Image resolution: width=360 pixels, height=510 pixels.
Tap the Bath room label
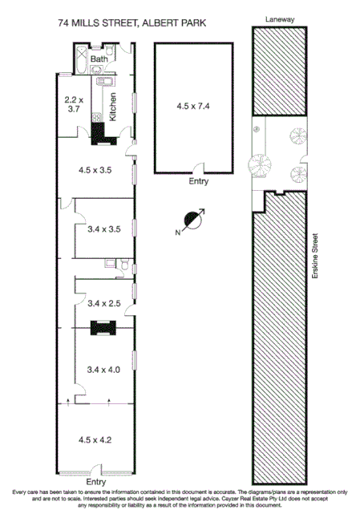[99, 59]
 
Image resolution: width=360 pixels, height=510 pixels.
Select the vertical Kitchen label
[113, 107]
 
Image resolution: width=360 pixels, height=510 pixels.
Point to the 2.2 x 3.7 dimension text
[73, 104]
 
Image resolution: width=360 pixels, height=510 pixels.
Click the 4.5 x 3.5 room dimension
[95, 171]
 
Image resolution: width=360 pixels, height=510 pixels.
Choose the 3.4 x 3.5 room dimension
[103, 229]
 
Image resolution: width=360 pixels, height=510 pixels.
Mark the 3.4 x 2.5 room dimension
[103, 303]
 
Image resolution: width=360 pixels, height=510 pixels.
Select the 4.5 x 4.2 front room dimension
[95, 439]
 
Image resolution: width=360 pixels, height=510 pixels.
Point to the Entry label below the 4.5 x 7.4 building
[198, 182]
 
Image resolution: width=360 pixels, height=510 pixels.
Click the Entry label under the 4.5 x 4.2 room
[95, 482]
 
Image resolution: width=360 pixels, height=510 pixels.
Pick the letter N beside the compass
[179, 232]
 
